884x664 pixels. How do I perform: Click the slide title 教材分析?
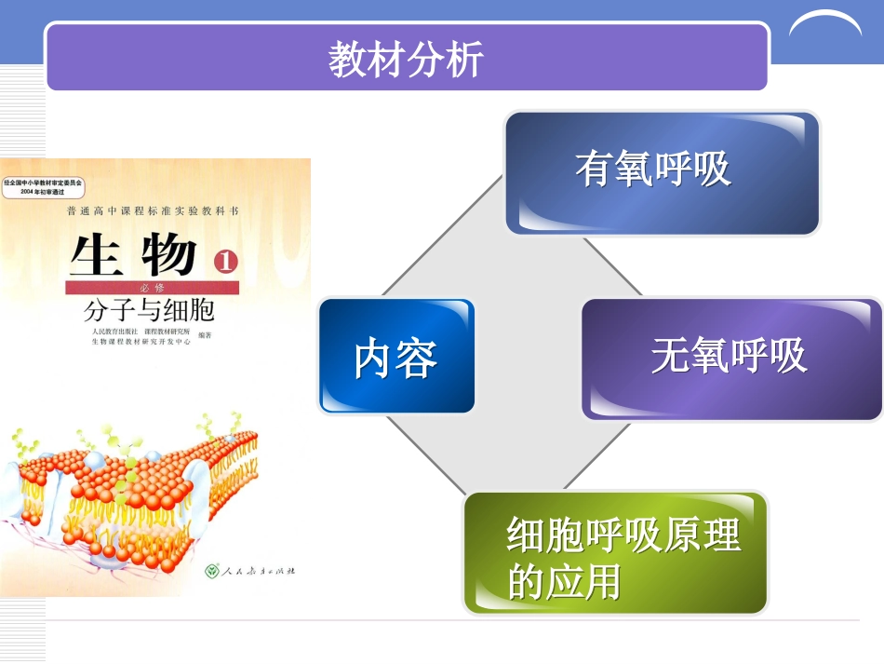[406, 60]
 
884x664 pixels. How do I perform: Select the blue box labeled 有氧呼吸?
[662, 173]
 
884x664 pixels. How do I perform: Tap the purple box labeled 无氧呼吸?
[731, 358]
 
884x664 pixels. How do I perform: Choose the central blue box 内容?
[396, 357]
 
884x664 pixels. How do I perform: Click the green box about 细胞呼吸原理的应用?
[615, 553]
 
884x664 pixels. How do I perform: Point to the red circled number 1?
[226, 262]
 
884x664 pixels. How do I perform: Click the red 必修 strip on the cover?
[149, 287]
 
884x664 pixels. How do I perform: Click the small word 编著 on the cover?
[206, 336]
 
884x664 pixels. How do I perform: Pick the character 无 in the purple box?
[671, 357]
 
